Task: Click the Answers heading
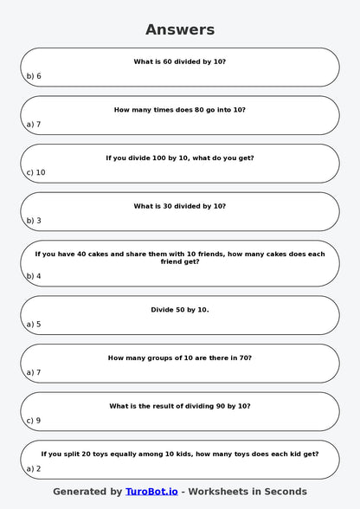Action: pyautogui.click(x=180, y=29)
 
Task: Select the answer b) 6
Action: pyautogui.click(x=34, y=76)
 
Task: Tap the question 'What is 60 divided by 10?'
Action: pyautogui.click(x=180, y=61)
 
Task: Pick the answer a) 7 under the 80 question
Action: pyautogui.click(x=34, y=125)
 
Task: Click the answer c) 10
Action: pyautogui.click(x=35, y=172)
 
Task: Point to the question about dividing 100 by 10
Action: pyautogui.click(x=180, y=158)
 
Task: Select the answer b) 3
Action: pyautogui.click(x=34, y=221)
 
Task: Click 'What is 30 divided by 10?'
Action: pyautogui.click(x=180, y=206)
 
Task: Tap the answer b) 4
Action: pyautogui.click(x=34, y=276)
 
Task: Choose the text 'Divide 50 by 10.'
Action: pyautogui.click(x=180, y=309)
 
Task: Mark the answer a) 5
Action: pyautogui.click(x=34, y=325)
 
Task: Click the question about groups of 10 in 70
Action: pyautogui.click(x=180, y=358)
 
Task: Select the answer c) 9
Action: pyautogui.click(x=34, y=421)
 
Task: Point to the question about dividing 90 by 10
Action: pyautogui.click(x=180, y=406)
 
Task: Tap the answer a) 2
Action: pyautogui.click(x=34, y=469)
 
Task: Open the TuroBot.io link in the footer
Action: pyautogui.click(x=151, y=492)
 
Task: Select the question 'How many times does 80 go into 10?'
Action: pyautogui.click(x=180, y=110)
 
